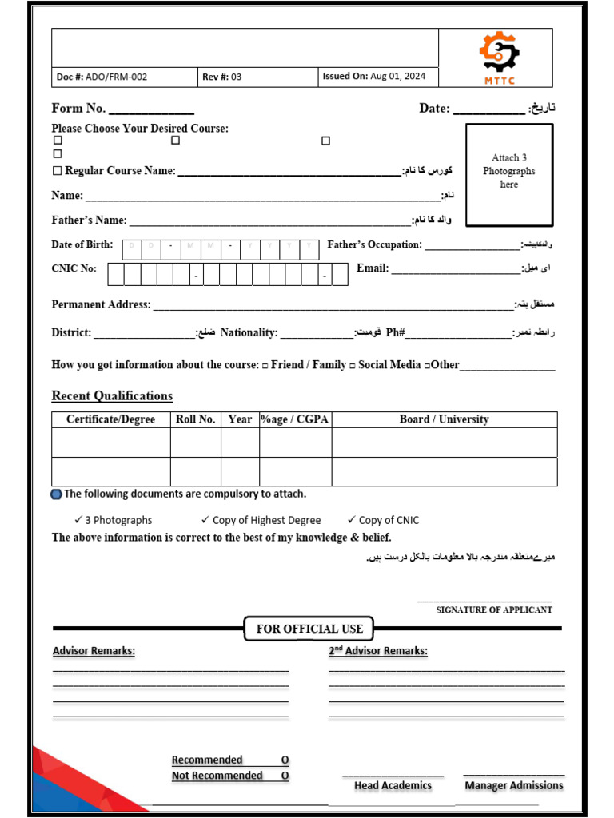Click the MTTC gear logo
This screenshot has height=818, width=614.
coord(499,53)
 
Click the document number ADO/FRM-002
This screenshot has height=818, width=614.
coord(102,77)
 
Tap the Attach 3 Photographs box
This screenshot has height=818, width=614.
coord(508,175)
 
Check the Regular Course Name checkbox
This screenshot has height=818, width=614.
coord(57,171)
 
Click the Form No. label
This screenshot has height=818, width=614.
coord(78,109)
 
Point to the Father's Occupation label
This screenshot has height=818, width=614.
coord(374,244)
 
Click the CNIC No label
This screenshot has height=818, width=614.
coord(74,268)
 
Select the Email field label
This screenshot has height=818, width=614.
coord(373,268)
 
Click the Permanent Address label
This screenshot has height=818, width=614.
coord(101,304)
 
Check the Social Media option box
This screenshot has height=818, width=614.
coord(353,366)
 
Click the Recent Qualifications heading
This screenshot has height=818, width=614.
coord(112,396)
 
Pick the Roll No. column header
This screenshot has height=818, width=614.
coord(195,419)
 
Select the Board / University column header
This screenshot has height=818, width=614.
coord(444,419)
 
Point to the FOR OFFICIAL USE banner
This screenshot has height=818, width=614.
coord(309,629)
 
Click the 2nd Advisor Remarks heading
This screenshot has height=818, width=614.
coord(378,651)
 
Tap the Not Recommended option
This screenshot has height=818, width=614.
coord(217,776)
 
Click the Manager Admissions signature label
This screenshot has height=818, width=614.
coord(513,786)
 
